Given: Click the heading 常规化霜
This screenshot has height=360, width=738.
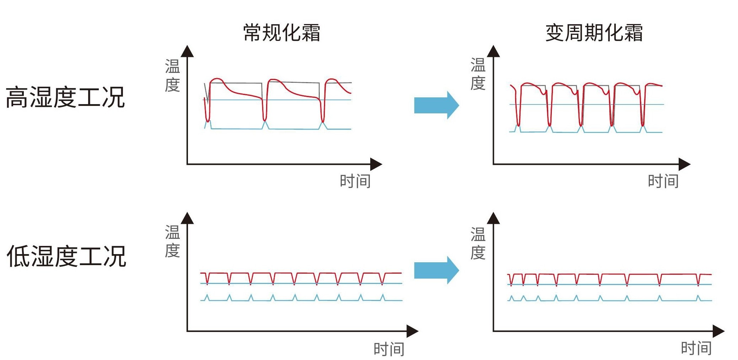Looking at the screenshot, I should [281, 33].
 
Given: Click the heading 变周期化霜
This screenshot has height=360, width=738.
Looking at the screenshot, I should [594, 33].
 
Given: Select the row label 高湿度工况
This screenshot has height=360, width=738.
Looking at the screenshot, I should [65, 97].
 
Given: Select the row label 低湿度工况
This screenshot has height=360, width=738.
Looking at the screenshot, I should [66, 256].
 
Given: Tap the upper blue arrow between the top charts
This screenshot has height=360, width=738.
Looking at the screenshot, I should [436, 105].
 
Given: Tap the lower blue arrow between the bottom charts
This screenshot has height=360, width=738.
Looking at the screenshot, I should [436, 270].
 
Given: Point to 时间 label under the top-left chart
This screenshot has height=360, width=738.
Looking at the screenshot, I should [355, 181].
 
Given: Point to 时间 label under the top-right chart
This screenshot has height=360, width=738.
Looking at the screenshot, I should [663, 181].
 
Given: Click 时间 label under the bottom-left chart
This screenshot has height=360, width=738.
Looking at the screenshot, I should [389, 349].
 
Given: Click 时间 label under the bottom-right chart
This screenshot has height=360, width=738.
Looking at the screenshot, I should [696, 348].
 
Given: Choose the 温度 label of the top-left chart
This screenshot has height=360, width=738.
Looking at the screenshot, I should [172, 75].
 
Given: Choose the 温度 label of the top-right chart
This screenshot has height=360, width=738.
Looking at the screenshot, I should [478, 74].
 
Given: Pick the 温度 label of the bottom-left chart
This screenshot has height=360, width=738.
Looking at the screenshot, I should [172, 242].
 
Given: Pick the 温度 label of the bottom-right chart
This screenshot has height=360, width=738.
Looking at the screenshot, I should [478, 244].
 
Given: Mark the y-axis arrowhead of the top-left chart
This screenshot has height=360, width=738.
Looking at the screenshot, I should [187, 52].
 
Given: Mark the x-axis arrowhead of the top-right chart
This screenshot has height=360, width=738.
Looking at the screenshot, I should [684, 164].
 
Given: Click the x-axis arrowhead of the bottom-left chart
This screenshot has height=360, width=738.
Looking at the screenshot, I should [412, 331].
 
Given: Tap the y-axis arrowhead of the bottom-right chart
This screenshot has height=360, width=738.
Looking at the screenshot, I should [493, 218].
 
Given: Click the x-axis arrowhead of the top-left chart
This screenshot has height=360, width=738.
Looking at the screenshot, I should [376, 164].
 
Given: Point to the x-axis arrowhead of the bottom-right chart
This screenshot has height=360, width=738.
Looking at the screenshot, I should [718, 331].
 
